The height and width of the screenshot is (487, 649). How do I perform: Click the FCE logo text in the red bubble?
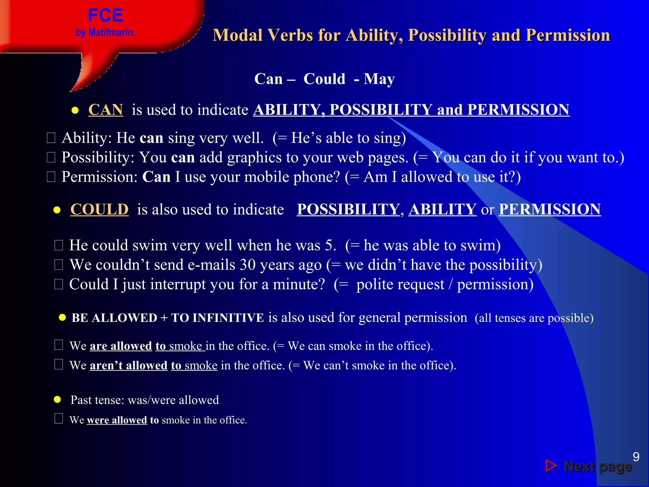pos(105,15)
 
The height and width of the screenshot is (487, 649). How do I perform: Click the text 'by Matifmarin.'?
pos(105,32)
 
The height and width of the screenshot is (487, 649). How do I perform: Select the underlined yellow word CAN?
pos(106,110)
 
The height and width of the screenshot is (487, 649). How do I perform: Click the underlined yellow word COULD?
pos(99,210)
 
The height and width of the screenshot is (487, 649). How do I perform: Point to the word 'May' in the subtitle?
pos(379,79)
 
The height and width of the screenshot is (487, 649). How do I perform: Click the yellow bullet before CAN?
pos(75,111)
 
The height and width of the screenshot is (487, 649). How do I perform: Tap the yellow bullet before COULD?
pos(57,210)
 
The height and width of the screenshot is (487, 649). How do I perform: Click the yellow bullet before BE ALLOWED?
pos(62,318)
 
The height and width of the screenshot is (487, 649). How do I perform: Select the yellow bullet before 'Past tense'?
pos(57,399)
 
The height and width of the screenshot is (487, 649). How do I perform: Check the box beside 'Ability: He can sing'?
pos(51,138)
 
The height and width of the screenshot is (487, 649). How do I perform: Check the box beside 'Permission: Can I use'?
pos(51,177)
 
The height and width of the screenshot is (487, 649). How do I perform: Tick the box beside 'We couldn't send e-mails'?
pos(59,265)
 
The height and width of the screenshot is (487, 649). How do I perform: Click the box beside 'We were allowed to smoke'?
pos(59,419)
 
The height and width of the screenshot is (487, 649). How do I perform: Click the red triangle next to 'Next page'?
pos(551,466)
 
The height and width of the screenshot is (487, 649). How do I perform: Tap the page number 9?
pos(636,457)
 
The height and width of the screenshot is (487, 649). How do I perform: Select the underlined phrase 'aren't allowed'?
pos(128,366)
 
